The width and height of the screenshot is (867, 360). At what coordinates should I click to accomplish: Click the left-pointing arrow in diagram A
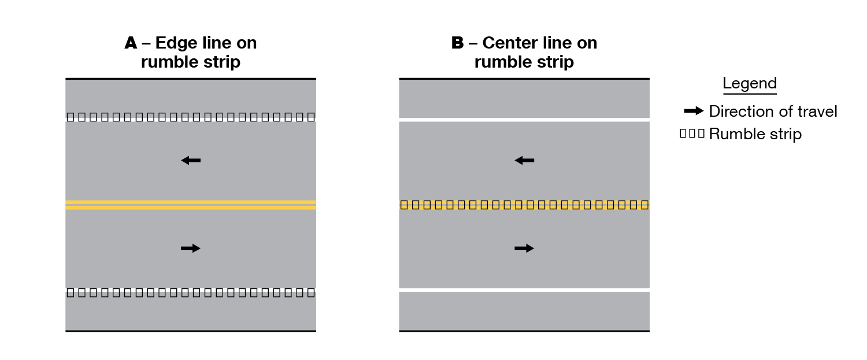[191, 161]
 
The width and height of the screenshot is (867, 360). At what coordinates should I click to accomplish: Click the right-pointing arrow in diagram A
[191, 248]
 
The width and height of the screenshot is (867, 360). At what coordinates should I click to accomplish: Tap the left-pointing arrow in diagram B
[524, 161]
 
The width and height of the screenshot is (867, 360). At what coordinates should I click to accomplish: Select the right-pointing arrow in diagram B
[524, 248]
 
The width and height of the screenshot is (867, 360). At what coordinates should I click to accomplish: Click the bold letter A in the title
[131, 43]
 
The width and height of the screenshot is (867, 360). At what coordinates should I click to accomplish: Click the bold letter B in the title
[457, 43]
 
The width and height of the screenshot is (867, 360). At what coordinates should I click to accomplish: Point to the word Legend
[749, 83]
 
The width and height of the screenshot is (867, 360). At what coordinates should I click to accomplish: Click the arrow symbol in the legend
[694, 111]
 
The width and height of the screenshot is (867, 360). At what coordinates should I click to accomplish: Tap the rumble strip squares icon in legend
[692, 134]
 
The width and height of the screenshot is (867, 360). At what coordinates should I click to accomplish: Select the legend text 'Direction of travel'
[773, 112]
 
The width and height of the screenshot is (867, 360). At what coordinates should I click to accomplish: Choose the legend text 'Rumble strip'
[755, 135]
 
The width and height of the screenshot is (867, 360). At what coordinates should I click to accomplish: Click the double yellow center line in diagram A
[191, 205]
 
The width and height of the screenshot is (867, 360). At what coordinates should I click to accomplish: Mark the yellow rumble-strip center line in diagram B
[524, 205]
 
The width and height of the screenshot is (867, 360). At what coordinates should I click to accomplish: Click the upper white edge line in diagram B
[524, 119]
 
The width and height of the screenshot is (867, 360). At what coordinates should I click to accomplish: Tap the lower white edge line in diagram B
[524, 290]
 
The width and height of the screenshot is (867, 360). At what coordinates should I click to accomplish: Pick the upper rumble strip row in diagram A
[191, 117]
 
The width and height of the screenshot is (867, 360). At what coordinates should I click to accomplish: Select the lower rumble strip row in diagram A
[191, 292]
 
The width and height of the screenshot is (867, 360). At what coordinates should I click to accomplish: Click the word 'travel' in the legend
[817, 112]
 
